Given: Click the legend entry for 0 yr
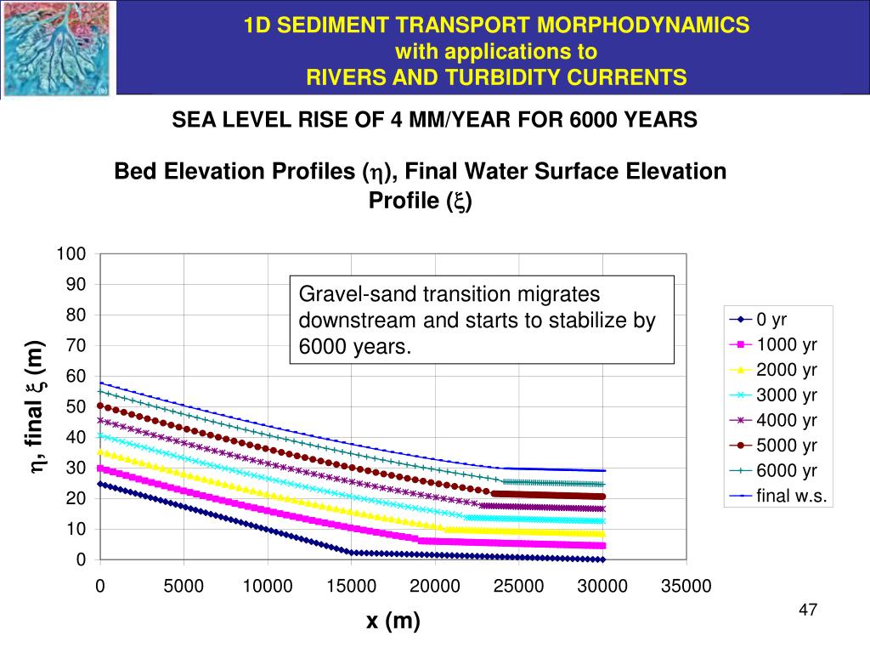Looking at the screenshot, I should pyautogui.click(x=771, y=320).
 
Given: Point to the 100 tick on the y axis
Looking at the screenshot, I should pyautogui.click(x=71, y=254).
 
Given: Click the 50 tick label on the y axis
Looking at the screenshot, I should pyautogui.click(x=76, y=406).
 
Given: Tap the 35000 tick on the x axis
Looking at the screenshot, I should pyautogui.click(x=686, y=586).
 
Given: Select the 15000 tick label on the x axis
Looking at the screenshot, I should pyautogui.click(x=351, y=586).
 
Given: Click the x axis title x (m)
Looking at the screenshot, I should pyautogui.click(x=393, y=622).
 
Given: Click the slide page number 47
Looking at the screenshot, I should pyautogui.click(x=808, y=610).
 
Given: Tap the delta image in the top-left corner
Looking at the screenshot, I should pyautogui.click(x=57, y=48).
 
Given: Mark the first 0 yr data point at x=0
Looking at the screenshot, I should pyautogui.click(x=100, y=484).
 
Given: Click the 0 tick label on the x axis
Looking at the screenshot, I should pyautogui.click(x=100, y=586).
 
